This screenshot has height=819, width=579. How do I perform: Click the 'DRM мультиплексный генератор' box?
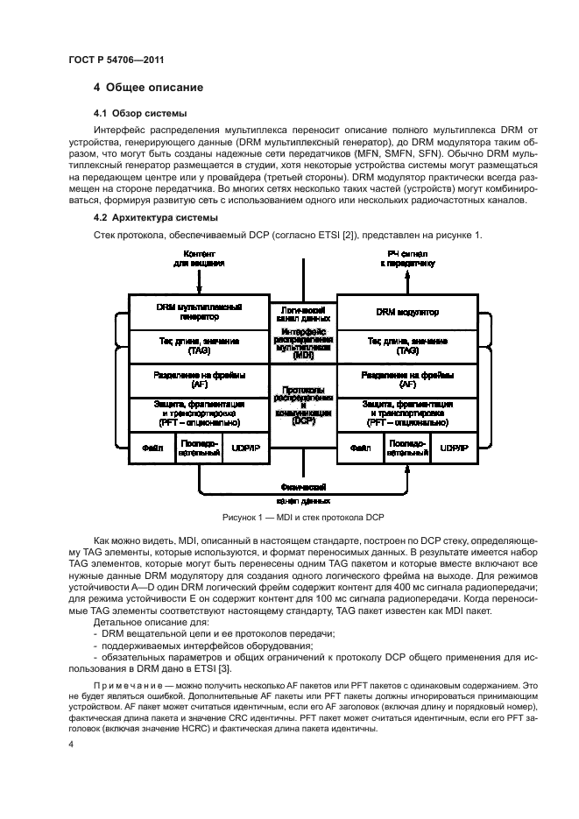pyautogui.click(x=198, y=312)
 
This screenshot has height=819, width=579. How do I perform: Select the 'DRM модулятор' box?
pyautogui.click(x=407, y=312)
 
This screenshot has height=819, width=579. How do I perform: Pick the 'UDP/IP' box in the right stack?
pyautogui.click(x=455, y=447)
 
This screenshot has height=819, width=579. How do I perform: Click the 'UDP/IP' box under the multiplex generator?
pyautogui.click(x=246, y=447)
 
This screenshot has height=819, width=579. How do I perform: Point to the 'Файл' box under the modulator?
pyautogui.click(x=360, y=447)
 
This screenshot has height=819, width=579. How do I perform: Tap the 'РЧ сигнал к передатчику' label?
pyautogui.click(x=407, y=258)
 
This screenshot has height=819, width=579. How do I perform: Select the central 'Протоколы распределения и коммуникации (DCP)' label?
pyautogui.click(x=303, y=405)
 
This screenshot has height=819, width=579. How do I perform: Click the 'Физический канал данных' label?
pyautogui.click(x=303, y=493)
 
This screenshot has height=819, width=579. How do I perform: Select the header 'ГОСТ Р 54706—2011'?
pyautogui.click(x=117, y=58)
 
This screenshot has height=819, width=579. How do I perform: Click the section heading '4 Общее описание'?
pyautogui.click(x=148, y=88)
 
